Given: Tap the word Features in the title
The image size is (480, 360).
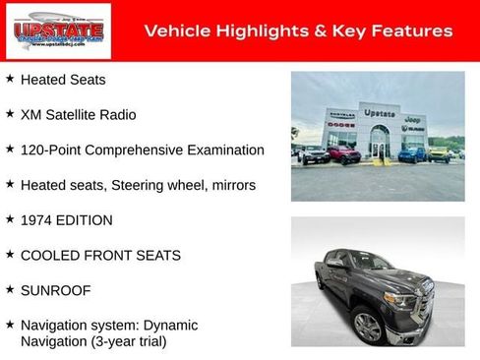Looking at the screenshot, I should [414, 31].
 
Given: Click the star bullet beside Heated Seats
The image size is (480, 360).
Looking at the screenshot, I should [10, 79].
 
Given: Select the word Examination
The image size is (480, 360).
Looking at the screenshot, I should [222, 150].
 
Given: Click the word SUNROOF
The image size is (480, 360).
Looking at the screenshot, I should [57, 291].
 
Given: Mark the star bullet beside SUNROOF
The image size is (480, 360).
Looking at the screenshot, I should [10, 291].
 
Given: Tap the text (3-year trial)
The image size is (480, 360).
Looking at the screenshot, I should [126, 341].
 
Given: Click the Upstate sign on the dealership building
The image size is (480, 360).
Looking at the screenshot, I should [380, 113].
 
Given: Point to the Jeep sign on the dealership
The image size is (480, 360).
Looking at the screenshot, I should [413, 118].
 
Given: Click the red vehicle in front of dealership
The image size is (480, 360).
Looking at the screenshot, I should [343, 154].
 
